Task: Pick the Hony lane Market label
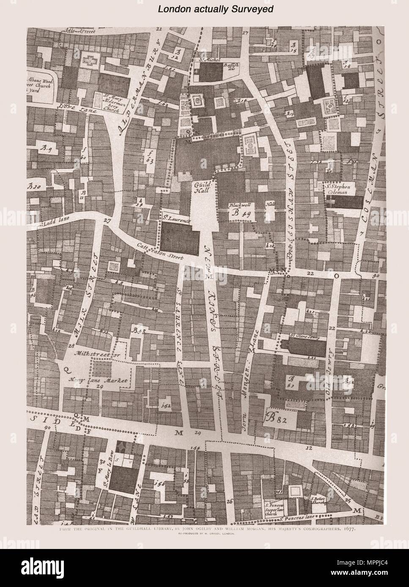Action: point(100,380)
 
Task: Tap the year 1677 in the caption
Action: point(346,529)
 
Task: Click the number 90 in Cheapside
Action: point(46,428)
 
